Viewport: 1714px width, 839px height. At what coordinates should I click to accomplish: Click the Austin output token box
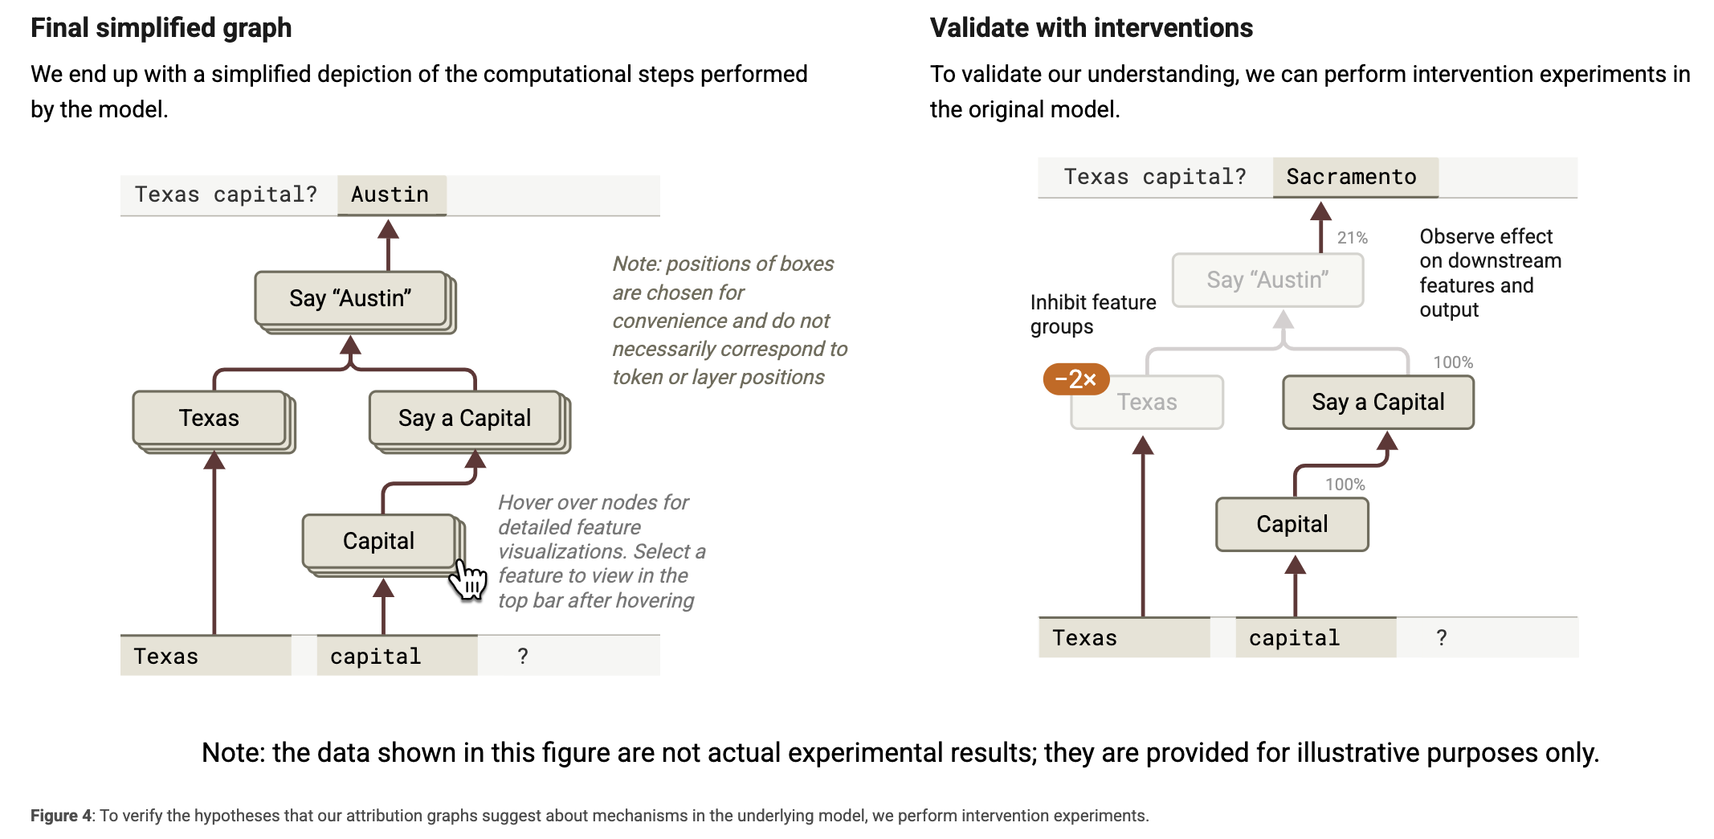391,195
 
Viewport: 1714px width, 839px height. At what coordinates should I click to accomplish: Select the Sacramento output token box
1355,178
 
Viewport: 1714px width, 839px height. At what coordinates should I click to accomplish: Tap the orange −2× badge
1075,379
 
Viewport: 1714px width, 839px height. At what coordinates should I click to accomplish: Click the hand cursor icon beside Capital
468,579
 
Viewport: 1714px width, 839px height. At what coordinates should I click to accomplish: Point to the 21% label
1352,238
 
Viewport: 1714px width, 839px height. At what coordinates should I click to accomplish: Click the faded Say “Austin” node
1267,280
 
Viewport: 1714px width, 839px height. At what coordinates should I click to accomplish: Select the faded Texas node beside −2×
1147,402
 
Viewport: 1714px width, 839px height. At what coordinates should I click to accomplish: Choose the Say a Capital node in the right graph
1378,402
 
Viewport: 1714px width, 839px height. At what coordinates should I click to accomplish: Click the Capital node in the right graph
1292,524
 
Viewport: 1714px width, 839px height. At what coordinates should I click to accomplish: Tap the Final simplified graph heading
161,28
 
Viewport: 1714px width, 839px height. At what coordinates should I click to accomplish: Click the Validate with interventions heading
1091,28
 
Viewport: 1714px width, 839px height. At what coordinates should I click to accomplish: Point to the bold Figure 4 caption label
61,816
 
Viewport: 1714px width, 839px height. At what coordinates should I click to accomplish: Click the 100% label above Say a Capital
1453,362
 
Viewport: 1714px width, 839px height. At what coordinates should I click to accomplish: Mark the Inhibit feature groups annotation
1093,314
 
